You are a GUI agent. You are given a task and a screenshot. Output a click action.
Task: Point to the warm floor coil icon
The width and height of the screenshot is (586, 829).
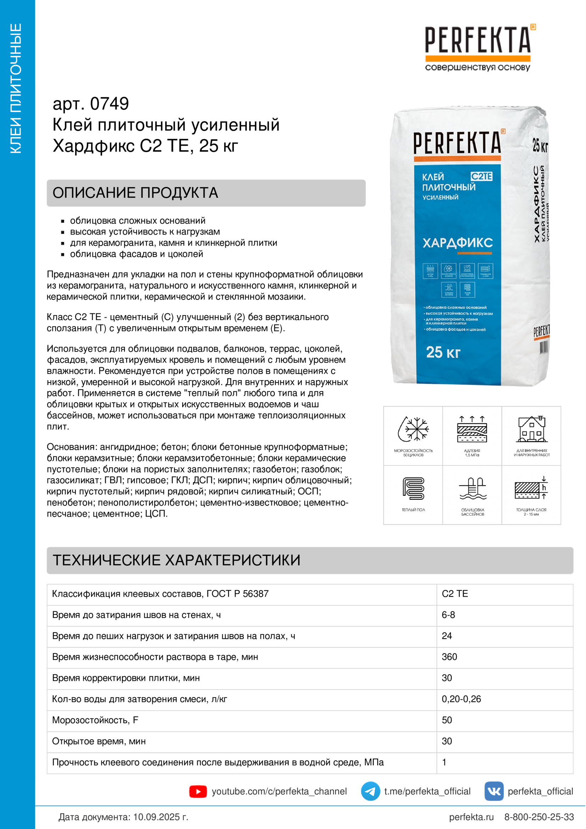(x=413, y=488)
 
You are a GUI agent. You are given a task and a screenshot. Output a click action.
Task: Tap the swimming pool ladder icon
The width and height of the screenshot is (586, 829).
(x=472, y=488)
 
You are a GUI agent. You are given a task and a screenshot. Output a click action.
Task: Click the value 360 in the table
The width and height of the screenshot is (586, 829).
(x=449, y=657)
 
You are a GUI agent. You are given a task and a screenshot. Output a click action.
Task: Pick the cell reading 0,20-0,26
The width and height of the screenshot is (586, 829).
(x=461, y=699)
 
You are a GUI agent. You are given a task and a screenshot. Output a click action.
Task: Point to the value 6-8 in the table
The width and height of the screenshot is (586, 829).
(x=448, y=615)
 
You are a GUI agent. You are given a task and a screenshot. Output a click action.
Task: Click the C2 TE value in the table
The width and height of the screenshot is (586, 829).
(x=454, y=594)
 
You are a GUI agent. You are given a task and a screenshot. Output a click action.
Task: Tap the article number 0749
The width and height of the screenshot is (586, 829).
(x=109, y=104)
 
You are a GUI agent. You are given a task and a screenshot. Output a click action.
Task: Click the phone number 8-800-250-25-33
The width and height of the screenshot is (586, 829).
(x=539, y=817)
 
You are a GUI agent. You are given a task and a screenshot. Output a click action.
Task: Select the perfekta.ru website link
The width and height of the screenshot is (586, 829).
(x=471, y=817)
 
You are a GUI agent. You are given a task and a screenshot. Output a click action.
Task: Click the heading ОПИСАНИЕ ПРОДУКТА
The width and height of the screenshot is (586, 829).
(x=135, y=193)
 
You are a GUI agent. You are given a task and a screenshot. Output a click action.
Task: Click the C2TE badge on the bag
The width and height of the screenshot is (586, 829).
(x=481, y=176)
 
